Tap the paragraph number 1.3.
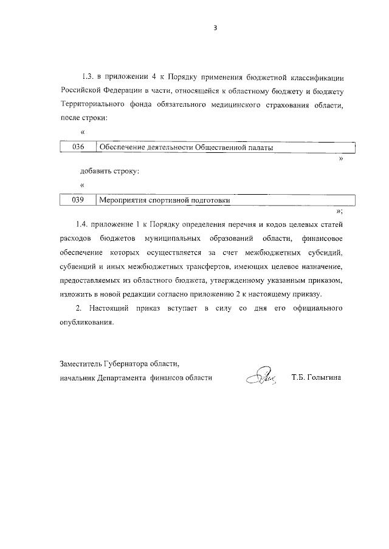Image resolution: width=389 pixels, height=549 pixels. pyautogui.click(x=88, y=78)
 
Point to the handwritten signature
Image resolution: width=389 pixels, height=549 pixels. pyautogui.click(x=261, y=377)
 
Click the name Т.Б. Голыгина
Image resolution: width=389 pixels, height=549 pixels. pyautogui.click(x=317, y=377)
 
